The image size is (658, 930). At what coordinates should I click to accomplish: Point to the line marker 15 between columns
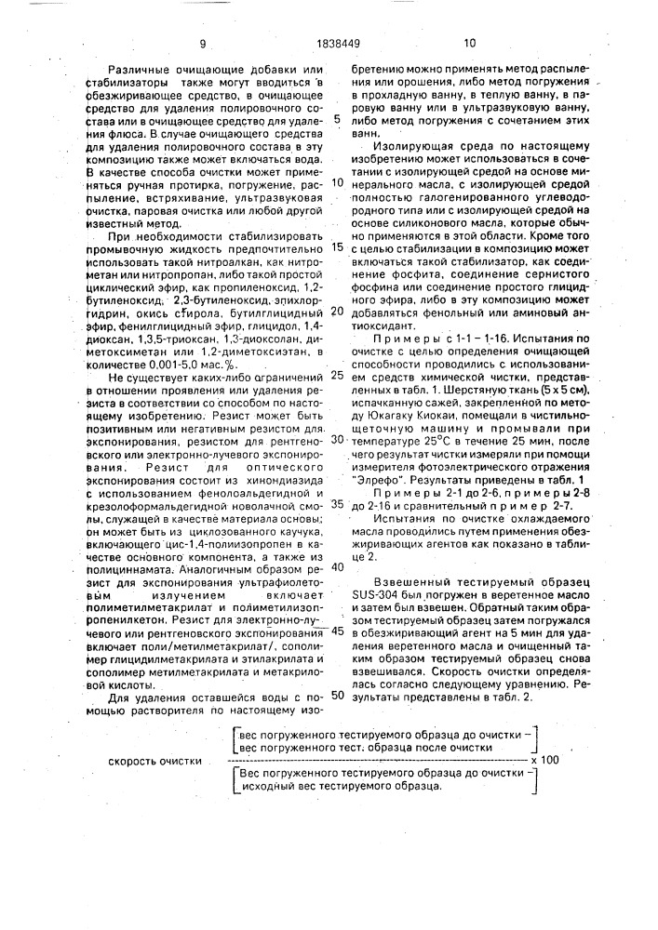[337, 247]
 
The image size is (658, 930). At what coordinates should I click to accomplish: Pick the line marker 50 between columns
[337, 693]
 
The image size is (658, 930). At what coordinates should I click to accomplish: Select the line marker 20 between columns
[337, 311]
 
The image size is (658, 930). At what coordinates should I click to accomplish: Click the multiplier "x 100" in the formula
[545, 759]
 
